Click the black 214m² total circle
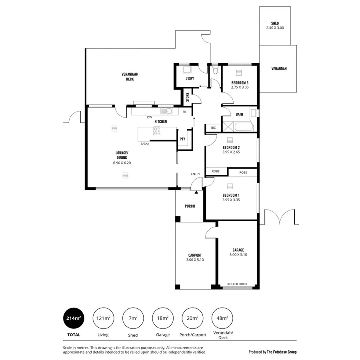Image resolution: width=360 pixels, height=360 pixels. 73,318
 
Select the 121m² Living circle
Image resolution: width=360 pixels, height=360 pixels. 103,318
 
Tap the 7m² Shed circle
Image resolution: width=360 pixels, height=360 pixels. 132,318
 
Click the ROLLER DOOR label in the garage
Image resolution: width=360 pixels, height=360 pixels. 237,284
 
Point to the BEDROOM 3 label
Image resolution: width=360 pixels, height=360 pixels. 240,82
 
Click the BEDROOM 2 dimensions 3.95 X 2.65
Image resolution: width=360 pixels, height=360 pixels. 231,152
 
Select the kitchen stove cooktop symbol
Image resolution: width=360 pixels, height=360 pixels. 157,131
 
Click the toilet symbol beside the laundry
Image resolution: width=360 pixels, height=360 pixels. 215,71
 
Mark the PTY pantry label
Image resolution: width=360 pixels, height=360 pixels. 182,139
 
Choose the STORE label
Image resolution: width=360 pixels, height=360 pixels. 187,97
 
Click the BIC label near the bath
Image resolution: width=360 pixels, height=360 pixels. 213,128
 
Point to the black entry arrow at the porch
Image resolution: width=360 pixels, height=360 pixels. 196,192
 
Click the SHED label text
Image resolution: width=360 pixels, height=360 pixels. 275,24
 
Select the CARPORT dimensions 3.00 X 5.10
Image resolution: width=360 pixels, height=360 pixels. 195,260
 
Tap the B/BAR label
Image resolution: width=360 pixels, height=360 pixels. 145,144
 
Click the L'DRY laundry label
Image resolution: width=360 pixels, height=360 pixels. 190,79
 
